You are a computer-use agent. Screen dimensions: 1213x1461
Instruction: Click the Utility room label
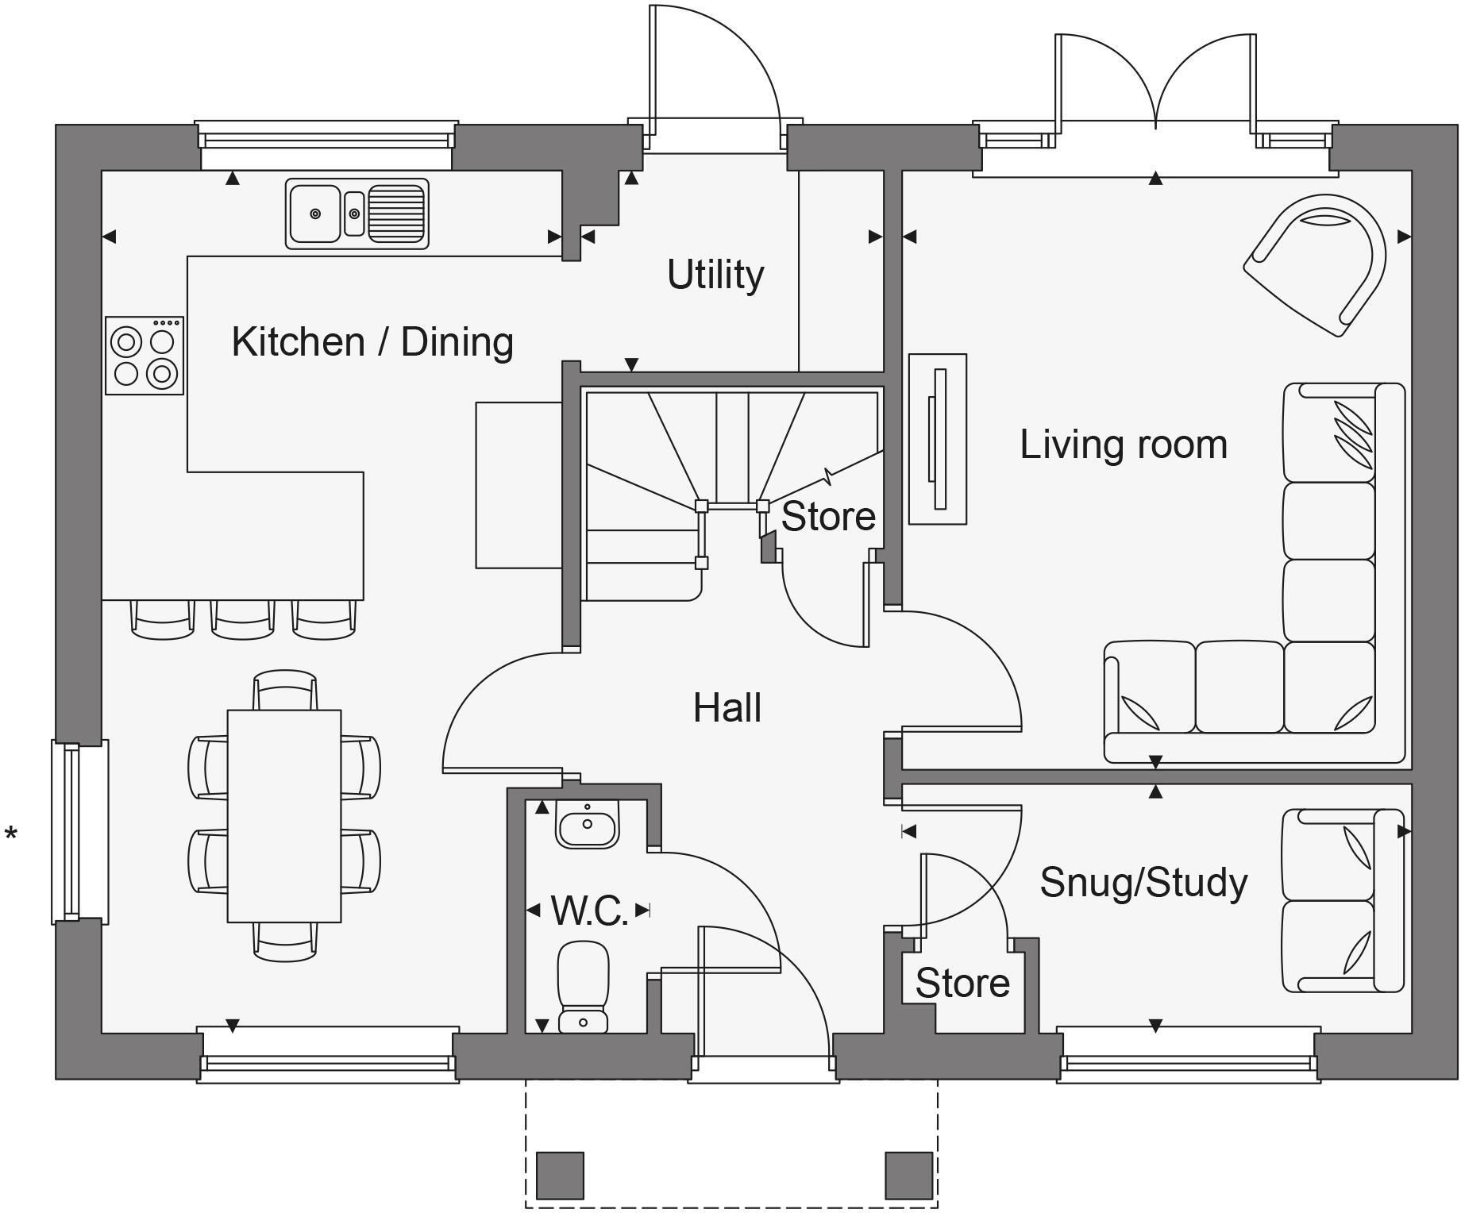click(715, 275)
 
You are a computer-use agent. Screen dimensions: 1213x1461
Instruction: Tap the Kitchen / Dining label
click(372, 342)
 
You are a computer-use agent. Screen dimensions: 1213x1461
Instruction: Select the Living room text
click(1123, 445)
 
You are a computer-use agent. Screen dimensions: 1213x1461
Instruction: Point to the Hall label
click(727, 708)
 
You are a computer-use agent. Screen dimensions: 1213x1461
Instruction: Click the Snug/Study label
click(1143, 883)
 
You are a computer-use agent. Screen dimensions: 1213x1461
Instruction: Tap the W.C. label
click(589, 911)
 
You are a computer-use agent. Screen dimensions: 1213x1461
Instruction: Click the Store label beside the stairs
click(828, 517)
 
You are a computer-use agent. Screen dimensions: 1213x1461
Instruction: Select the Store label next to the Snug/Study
click(962, 984)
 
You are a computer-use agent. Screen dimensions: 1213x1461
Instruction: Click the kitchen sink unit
click(357, 214)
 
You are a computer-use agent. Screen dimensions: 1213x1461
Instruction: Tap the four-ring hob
click(145, 356)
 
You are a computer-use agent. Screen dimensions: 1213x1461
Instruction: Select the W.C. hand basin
click(588, 825)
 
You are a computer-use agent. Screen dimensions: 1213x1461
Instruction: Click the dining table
click(284, 816)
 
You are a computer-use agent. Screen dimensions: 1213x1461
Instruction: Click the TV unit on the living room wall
click(938, 439)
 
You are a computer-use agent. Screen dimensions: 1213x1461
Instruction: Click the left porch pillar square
click(560, 1176)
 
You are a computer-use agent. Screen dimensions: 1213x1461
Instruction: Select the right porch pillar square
click(909, 1176)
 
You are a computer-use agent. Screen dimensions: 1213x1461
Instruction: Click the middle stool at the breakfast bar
click(243, 620)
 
